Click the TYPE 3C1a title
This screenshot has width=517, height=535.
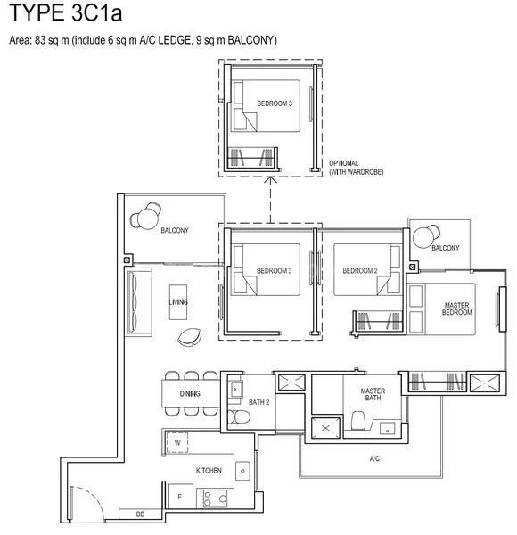67,18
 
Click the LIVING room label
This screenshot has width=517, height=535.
177,304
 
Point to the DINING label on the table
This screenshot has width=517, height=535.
189,393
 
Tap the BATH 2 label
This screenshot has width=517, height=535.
259,403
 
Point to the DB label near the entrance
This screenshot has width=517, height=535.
140,514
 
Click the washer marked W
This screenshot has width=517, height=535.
177,442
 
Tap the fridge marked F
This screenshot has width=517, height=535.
178,496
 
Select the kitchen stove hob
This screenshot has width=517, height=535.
214,498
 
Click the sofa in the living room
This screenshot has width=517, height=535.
135,301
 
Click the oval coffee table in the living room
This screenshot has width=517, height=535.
189,335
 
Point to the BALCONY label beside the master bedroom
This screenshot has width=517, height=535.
445,248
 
